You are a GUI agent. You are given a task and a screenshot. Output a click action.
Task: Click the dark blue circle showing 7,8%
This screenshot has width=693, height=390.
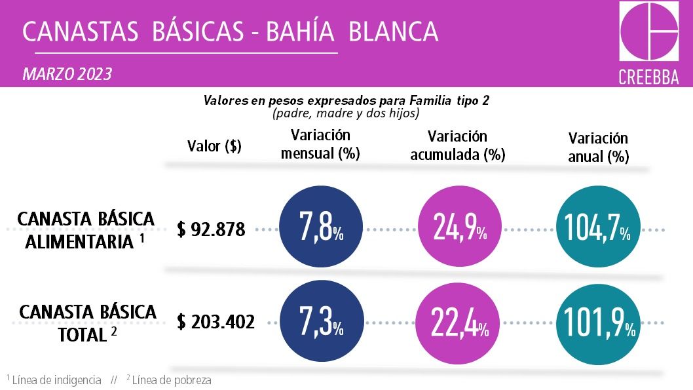pos(321,229)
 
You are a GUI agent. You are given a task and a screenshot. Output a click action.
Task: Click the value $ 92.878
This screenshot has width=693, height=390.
pos(211,229)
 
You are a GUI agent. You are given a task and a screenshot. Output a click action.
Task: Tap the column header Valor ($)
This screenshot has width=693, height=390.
pos(214,146)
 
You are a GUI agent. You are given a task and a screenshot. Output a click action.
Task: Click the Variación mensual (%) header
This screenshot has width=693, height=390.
pos(320,144)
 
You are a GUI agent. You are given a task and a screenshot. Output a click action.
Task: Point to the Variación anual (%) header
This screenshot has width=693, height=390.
pos(598,147)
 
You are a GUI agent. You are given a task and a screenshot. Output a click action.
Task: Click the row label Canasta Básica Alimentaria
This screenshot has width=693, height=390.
pos(85,230)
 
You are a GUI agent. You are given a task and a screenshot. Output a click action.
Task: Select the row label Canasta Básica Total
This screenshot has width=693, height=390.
pos(88,322)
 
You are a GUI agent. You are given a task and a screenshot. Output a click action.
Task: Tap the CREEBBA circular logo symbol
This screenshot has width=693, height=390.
pos(648,32)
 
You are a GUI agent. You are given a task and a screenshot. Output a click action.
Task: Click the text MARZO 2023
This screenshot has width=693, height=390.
pos(67,74)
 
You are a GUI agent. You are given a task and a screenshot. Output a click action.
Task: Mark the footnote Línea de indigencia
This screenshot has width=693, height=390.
pos(56,380)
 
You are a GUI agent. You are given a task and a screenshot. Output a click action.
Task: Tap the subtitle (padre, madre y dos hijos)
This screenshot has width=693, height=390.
pos(346,113)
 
